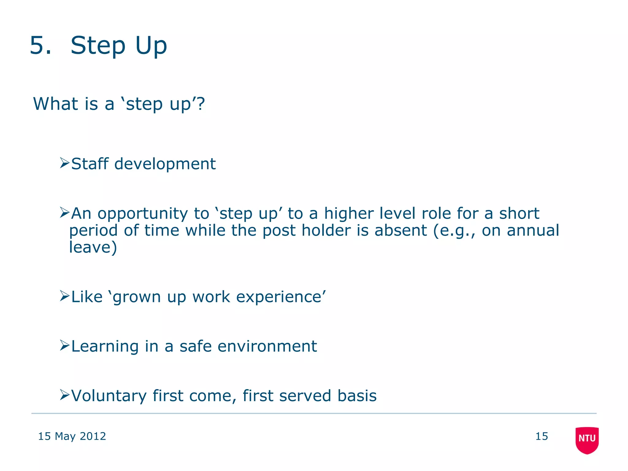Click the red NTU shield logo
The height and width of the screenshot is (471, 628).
click(x=587, y=440)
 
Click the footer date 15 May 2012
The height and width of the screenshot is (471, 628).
click(x=72, y=436)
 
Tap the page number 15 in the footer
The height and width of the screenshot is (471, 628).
click(x=542, y=436)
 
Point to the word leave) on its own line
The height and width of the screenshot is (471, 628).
click(x=93, y=247)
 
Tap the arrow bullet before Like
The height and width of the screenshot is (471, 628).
click(x=65, y=296)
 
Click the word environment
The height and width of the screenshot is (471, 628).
click(x=267, y=347)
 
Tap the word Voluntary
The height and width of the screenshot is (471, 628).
click(x=109, y=396)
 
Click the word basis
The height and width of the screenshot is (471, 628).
click(x=357, y=396)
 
